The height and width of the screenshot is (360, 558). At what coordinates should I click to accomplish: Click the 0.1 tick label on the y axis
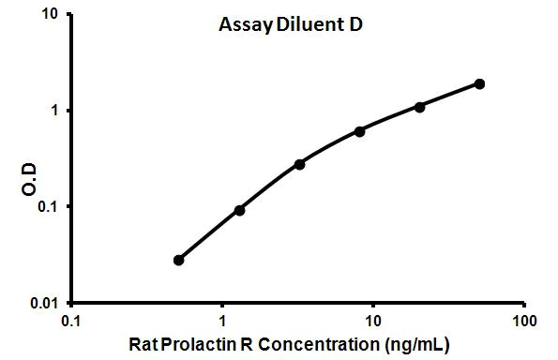(47, 207)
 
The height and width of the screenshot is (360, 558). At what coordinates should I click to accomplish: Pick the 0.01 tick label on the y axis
(43, 304)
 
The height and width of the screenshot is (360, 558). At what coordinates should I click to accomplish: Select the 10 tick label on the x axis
(372, 321)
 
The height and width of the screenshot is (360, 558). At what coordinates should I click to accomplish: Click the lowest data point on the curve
(179, 260)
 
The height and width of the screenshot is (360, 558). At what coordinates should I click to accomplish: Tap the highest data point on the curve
(479, 83)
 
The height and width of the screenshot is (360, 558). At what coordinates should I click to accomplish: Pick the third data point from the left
(299, 164)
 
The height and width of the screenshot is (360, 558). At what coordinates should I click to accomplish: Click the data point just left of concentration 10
(359, 131)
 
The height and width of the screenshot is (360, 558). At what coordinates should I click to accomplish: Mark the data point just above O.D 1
(419, 107)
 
